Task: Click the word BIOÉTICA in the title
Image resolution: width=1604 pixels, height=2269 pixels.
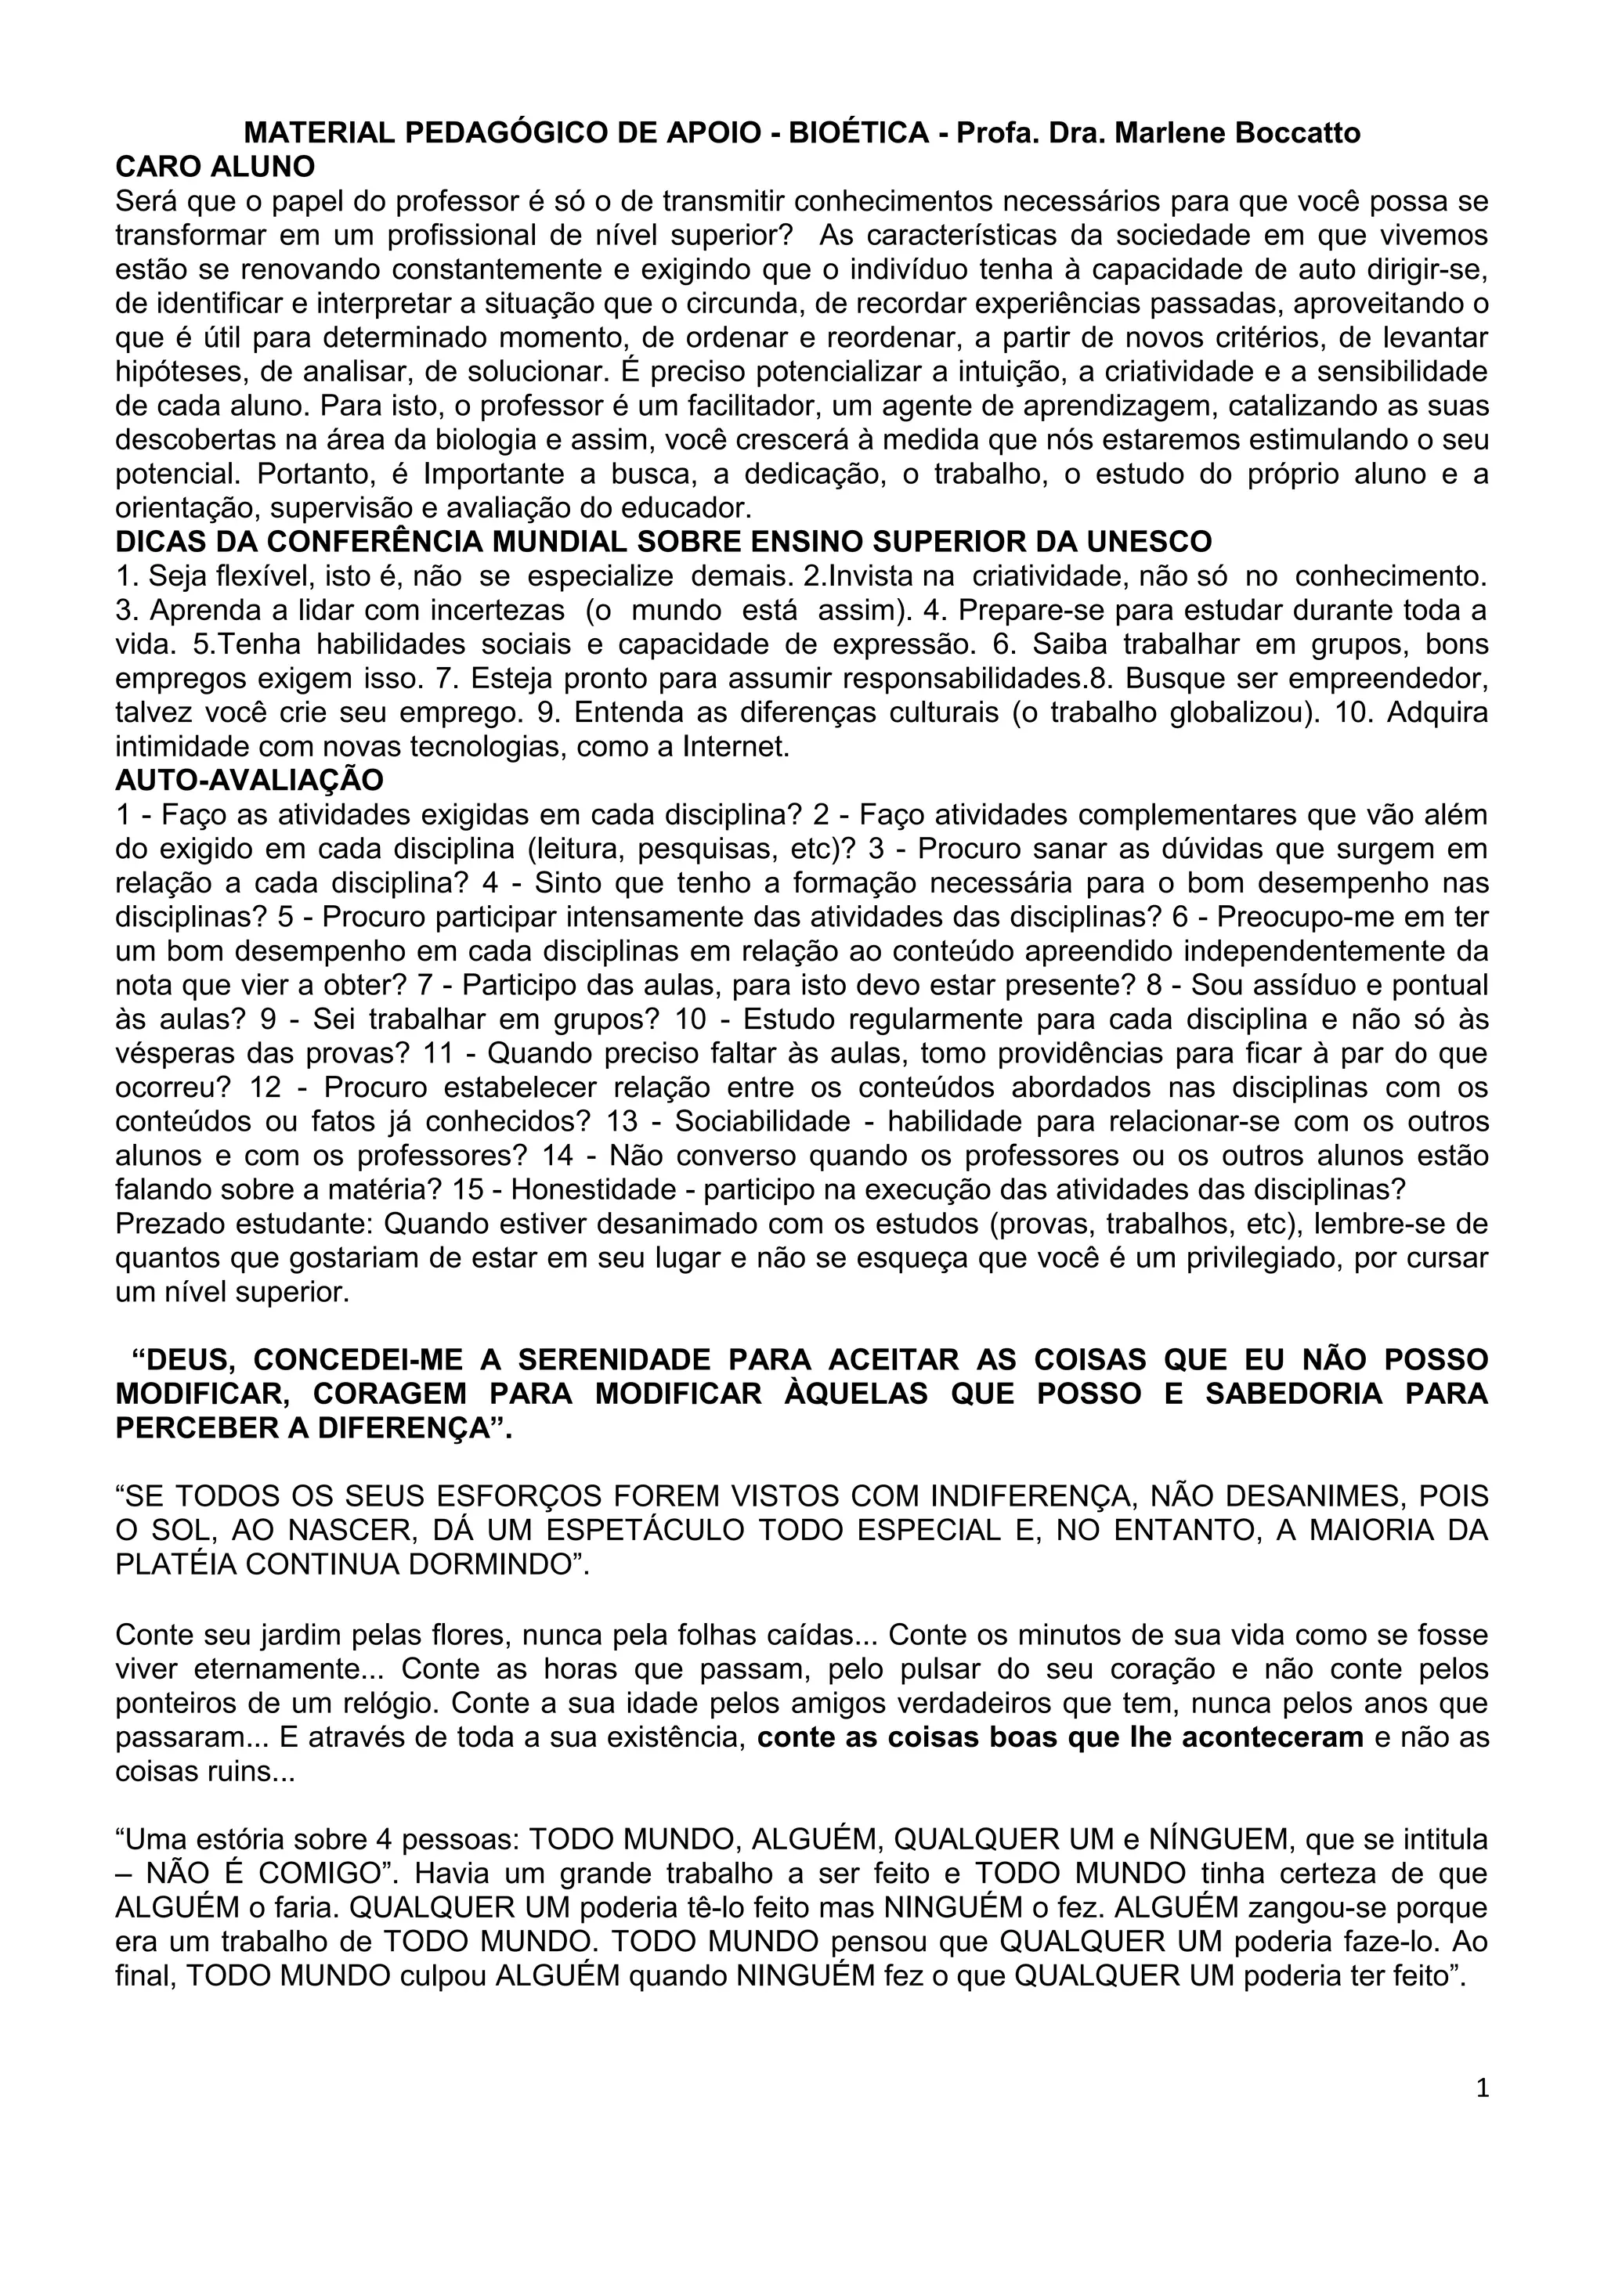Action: [857, 132]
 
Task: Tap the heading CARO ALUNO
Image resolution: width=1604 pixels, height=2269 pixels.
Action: [215, 166]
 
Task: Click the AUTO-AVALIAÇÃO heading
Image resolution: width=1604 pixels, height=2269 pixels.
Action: [249, 780]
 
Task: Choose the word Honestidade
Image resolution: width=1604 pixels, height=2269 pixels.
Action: [587, 1189]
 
